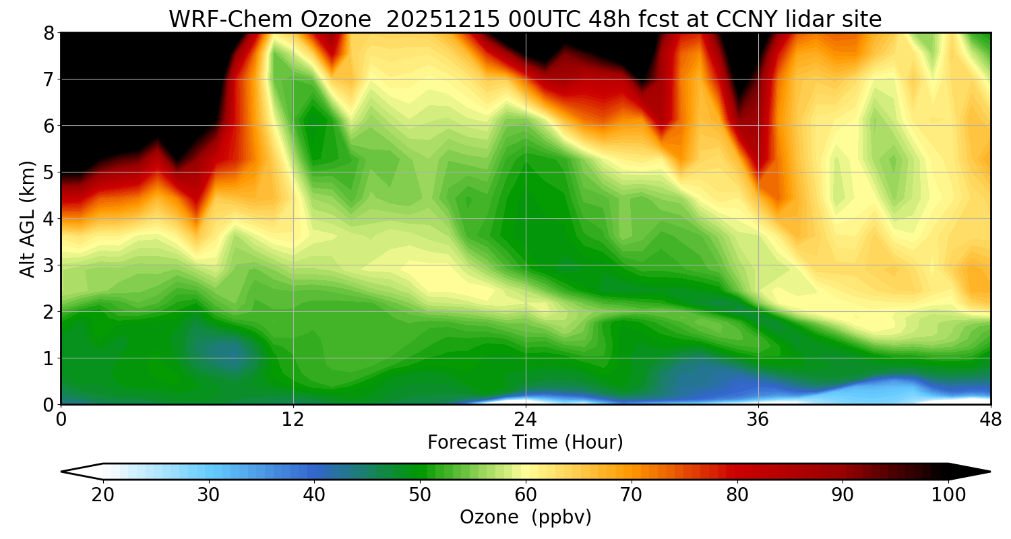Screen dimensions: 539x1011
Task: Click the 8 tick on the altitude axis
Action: click(x=49, y=32)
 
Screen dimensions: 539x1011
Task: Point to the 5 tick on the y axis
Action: click(x=49, y=172)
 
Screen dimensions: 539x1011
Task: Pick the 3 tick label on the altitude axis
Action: click(x=49, y=265)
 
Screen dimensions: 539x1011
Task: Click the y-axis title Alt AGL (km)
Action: click(x=28, y=218)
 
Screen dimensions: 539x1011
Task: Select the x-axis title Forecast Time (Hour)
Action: click(x=525, y=443)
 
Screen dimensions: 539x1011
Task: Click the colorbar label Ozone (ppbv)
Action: click(x=525, y=517)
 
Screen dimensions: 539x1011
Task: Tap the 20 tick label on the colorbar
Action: click(x=103, y=495)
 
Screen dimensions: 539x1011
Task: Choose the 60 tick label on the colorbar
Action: click(x=526, y=495)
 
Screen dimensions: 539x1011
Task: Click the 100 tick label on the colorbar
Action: click(x=948, y=495)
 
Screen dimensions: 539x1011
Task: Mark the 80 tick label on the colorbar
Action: click(x=737, y=495)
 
